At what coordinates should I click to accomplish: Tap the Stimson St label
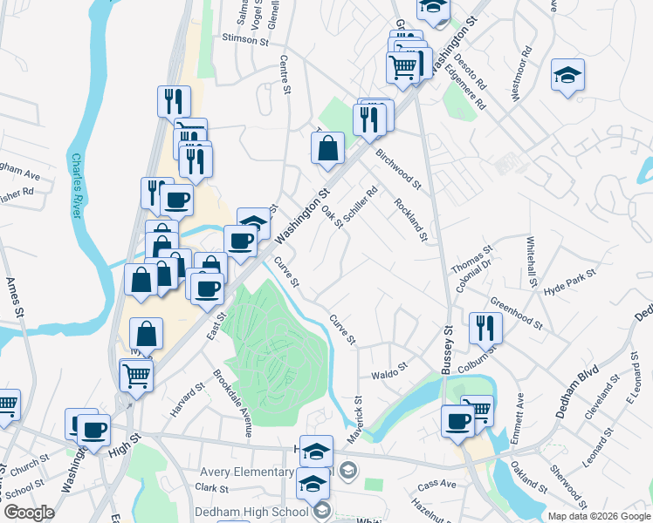tap(245, 39)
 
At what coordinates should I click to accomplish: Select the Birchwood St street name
tap(398, 167)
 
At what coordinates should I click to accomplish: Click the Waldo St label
tap(389, 369)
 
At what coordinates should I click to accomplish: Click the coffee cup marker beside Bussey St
tap(457, 421)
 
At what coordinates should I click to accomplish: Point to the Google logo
tap(30, 513)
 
